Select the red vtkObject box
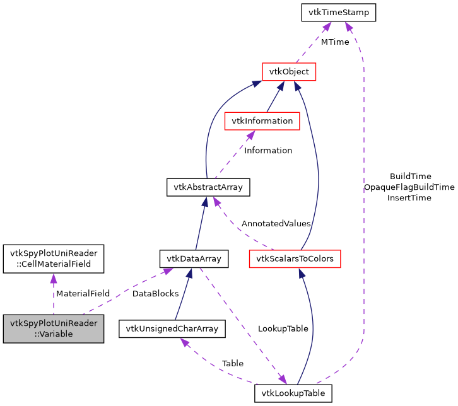click(x=288, y=71)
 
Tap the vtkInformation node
click(x=262, y=120)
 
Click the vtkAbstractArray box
click(x=208, y=187)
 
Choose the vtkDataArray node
click(x=193, y=258)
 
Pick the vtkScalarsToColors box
click(x=295, y=258)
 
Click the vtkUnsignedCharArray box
click(x=172, y=328)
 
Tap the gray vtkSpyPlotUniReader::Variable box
click(x=53, y=328)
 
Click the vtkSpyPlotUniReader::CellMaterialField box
click(x=53, y=258)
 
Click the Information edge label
click(x=268, y=151)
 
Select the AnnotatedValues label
click(x=276, y=224)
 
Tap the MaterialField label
click(x=83, y=293)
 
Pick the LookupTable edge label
click(x=283, y=329)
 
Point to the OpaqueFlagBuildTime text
click(x=409, y=187)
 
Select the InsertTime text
click(x=409, y=198)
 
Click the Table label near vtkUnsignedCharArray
click(x=232, y=364)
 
